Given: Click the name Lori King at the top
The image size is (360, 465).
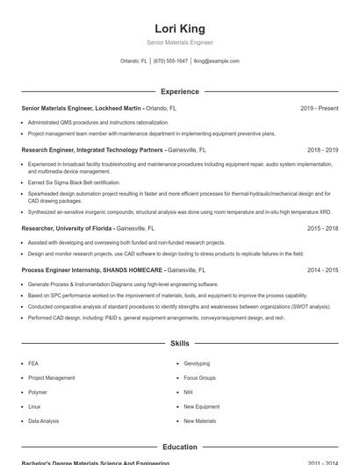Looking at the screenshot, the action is coord(179,28).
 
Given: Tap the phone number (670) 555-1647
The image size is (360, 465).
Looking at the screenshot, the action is coord(170,61).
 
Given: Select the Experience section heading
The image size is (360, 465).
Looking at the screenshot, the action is coord(179,91).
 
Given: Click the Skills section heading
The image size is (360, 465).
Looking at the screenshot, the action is coord(179,343).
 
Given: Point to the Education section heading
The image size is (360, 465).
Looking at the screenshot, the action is coord(179,447).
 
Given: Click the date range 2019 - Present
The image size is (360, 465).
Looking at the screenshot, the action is coord(319,108).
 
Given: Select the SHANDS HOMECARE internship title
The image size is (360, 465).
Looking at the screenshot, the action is coord(92,270).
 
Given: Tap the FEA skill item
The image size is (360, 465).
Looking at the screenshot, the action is coord(33,363).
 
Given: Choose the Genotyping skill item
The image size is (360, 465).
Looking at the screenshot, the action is coord(197,363).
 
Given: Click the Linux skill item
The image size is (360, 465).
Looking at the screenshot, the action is coord(34,407).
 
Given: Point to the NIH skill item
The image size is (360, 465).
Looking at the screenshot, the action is coord(188,392).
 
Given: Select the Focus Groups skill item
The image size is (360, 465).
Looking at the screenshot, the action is coord(199,378).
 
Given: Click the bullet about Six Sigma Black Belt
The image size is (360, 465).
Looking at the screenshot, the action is coord(74,182).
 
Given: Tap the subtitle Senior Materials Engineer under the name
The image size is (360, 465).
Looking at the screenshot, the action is coord(179,42).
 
